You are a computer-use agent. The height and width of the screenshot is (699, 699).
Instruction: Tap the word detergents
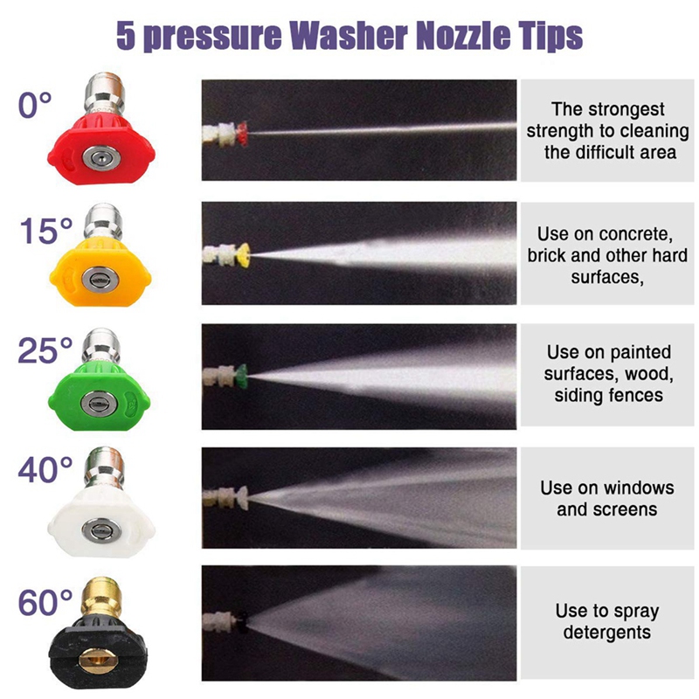607,632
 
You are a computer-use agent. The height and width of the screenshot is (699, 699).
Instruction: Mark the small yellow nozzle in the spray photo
244,254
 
